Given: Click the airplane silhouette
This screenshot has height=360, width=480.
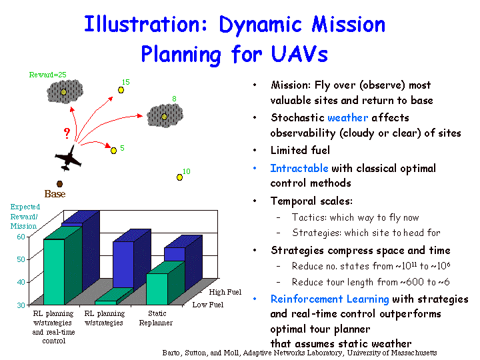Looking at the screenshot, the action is click(68, 158).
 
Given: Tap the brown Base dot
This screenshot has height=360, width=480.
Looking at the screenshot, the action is click(60, 184).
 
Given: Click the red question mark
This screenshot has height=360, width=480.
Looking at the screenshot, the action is click(67, 133).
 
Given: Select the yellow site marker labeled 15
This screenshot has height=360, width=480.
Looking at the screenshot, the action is click(121, 90).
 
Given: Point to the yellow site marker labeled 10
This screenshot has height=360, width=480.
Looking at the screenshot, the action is click(180, 177).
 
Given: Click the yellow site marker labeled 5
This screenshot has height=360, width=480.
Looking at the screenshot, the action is click(113, 151).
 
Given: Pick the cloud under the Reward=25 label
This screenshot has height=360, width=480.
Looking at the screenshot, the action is click(65, 91).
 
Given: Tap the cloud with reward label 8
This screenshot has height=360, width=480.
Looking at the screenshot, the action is click(165, 116).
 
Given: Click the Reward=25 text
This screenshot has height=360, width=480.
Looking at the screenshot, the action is click(47, 75).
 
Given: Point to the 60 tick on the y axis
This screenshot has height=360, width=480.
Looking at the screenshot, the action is click(21, 237).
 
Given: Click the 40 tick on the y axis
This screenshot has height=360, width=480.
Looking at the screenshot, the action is click(21, 282).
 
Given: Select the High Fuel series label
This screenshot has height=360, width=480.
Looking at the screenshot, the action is click(225, 292).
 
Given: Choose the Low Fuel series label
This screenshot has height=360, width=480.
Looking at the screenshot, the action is click(208, 305).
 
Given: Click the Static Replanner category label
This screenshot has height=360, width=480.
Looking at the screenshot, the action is click(156, 318).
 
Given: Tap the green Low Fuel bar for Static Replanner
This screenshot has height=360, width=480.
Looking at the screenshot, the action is click(157, 289).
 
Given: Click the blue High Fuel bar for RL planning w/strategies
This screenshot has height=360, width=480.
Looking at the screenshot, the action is click(123, 265).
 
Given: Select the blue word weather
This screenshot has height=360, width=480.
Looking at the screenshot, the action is click(348, 117).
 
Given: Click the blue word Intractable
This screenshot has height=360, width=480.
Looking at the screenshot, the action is click(299, 168).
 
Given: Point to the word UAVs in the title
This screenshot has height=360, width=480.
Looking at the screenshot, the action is click(299, 54).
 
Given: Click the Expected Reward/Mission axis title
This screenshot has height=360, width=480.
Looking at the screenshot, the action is click(25, 217).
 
